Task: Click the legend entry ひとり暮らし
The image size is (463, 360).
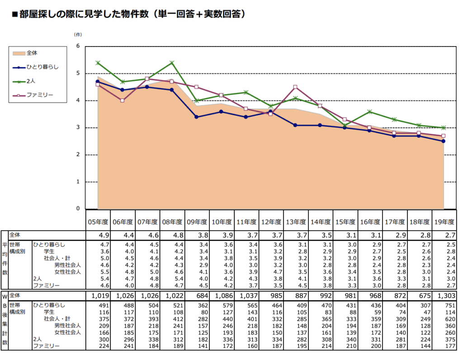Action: (x=43, y=67)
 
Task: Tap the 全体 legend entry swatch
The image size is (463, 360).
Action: (x=19, y=53)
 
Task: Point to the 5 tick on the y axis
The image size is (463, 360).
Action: (x=78, y=73)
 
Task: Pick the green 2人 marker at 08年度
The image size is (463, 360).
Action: (x=172, y=62)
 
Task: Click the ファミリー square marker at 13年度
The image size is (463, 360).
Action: (x=295, y=87)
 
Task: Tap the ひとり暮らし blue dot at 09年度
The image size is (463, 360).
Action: (x=196, y=117)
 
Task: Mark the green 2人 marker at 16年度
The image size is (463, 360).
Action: (x=369, y=111)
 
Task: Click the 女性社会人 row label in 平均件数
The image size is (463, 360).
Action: (x=67, y=272)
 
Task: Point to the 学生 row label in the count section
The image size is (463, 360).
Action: (x=49, y=312)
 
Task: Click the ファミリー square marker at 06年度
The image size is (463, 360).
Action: (x=122, y=100)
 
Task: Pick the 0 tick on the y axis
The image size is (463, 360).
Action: (x=78, y=209)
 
